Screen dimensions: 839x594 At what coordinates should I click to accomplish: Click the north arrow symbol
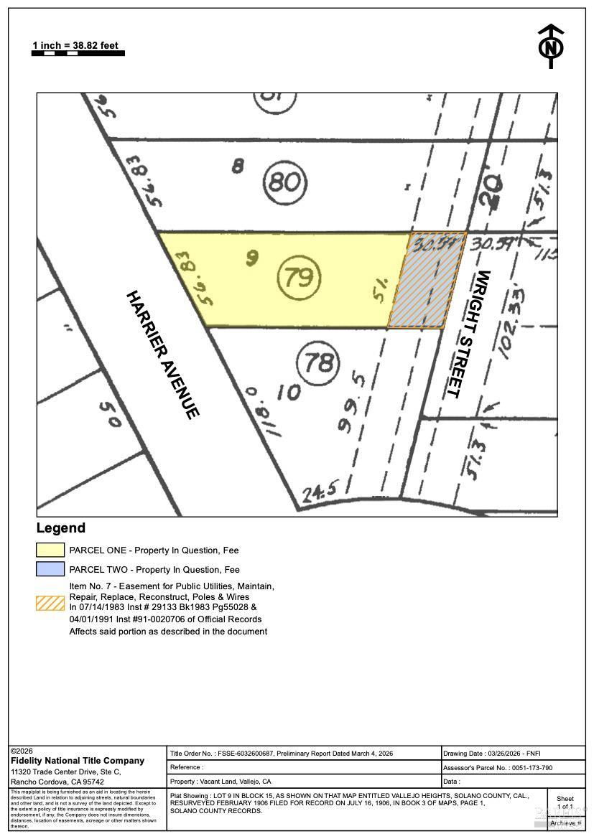pyautogui.click(x=551, y=46)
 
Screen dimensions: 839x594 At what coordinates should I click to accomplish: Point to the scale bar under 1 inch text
pyautogui.click(x=78, y=53)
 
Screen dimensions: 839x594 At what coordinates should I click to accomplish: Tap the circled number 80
pyautogui.click(x=284, y=182)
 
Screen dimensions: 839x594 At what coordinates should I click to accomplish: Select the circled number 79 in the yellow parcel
pyautogui.click(x=299, y=277)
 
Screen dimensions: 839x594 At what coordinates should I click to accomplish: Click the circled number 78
pyautogui.click(x=318, y=362)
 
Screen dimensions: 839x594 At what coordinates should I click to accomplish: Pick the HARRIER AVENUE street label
pyautogui.click(x=162, y=354)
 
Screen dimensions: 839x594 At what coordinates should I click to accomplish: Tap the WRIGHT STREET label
pyautogui.click(x=467, y=334)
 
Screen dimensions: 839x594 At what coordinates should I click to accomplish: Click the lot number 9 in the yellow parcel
pyautogui.click(x=251, y=258)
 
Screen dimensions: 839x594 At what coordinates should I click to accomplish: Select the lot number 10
pyautogui.click(x=287, y=392)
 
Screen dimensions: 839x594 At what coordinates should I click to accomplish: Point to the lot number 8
pyautogui.click(x=238, y=167)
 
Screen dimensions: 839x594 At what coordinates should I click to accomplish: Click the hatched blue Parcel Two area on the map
pyautogui.click(x=427, y=280)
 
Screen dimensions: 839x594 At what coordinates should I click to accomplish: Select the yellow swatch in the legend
pyautogui.click(x=50, y=550)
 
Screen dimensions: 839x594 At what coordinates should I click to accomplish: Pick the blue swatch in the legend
pyautogui.click(x=50, y=570)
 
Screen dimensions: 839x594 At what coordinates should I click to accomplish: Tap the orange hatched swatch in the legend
pyautogui.click(x=50, y=603)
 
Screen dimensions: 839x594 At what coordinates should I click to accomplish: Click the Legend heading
pyautogui.click(x=61, y=528)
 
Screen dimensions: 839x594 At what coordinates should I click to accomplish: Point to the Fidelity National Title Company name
pyautogui.click(x=78, y=760)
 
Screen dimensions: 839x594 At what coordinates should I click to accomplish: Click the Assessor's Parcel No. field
pyautogui.click(x=513, y=767)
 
